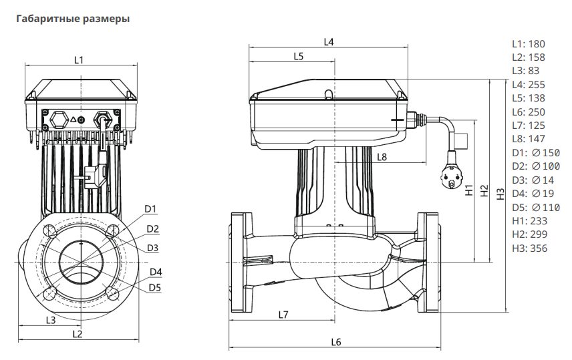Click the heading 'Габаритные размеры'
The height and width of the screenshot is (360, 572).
tap(73, 19)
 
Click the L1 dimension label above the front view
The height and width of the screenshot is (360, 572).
tap(79, 60)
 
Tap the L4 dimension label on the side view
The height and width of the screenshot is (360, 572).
tap(329, 42)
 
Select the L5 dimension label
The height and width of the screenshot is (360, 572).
tap(299, 56)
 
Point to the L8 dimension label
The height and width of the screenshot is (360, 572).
tap(382, 157)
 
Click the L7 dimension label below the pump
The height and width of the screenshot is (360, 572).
tap(283, 315)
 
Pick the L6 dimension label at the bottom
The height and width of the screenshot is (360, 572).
tap(335, 342)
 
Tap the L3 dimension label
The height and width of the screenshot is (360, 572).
tap(51, 320)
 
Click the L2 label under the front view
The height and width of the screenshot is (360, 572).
tap(78, 334)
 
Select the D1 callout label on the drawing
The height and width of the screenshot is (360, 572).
tap(150, 209)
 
